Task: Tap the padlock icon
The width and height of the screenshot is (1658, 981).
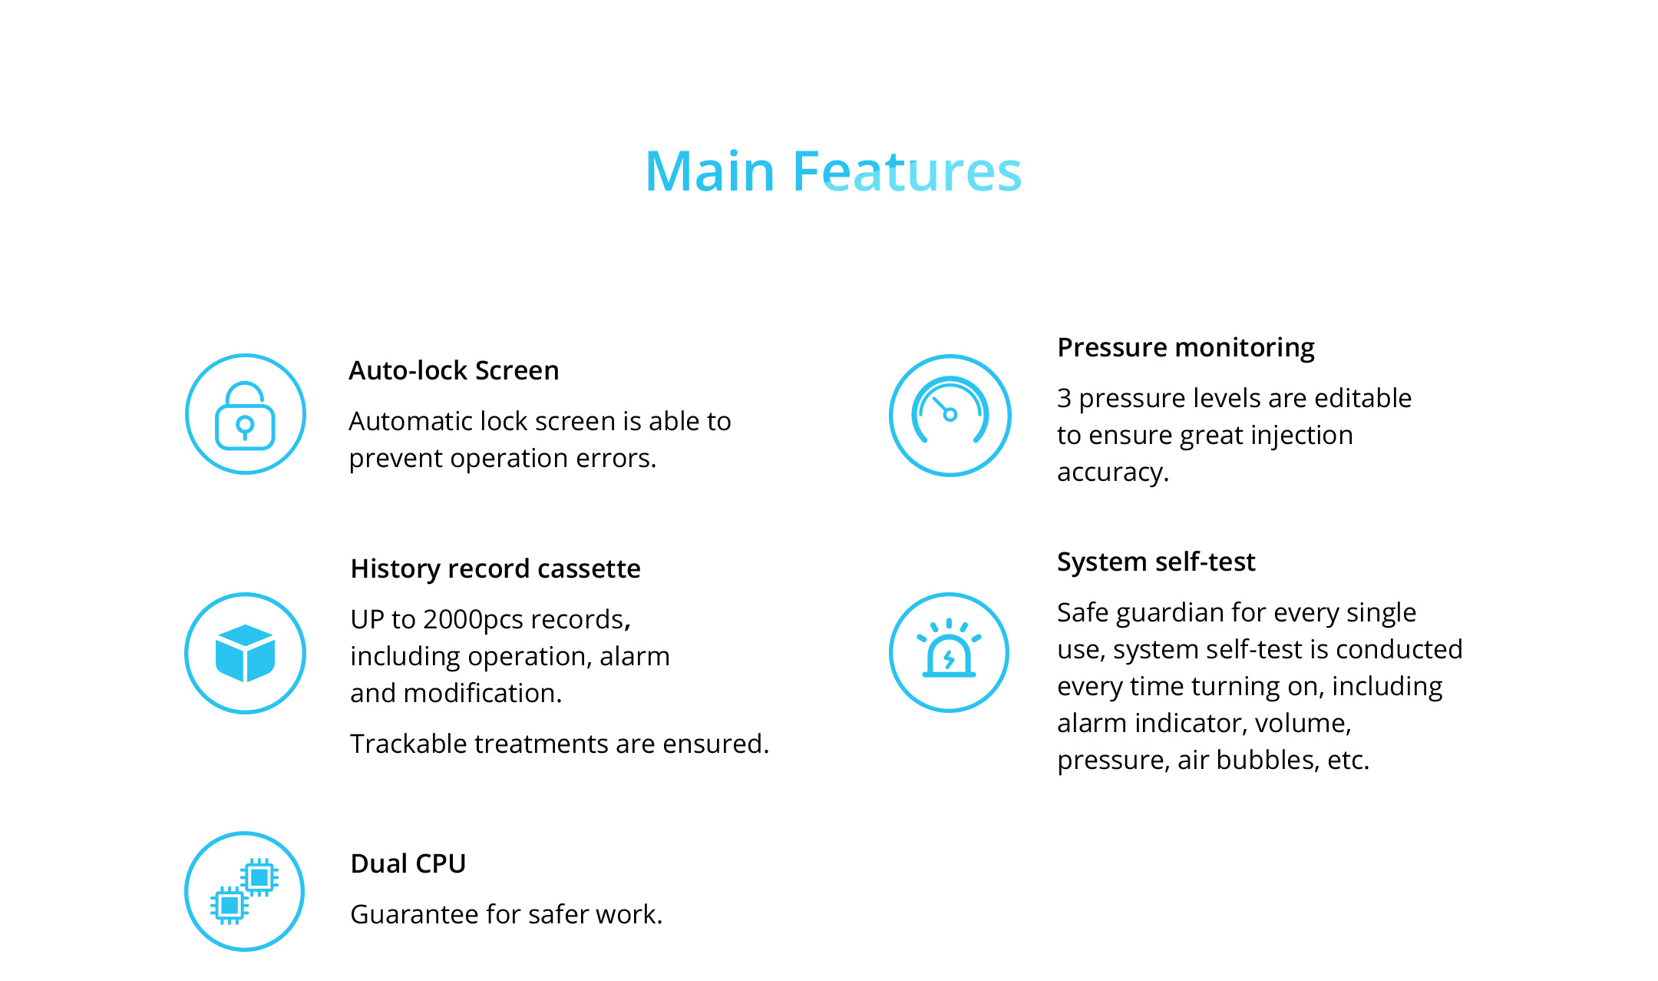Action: tap(246, 415)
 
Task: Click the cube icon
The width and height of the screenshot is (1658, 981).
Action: tap(246, 653)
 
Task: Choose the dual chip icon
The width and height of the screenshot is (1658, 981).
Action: tap(245, 891)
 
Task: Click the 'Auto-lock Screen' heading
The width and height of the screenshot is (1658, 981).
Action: tap(454, 370)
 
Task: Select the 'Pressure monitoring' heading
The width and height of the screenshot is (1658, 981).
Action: tap(1186, 348)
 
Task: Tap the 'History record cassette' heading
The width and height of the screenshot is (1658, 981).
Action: tap(495, 568)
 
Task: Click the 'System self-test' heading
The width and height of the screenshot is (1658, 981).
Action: tap(1156, 562)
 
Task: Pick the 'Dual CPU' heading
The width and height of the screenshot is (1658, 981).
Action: tap(408, 863)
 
